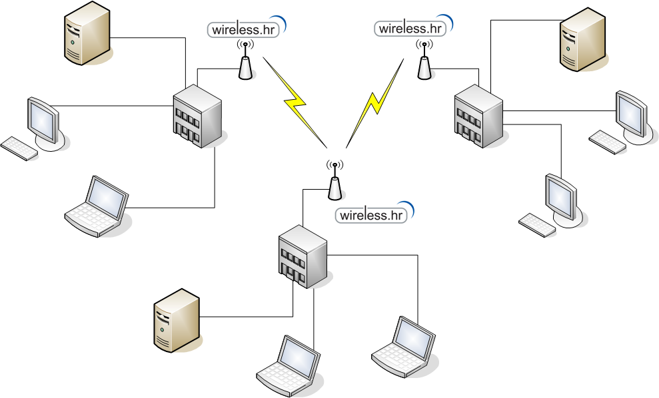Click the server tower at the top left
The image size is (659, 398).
(x=87, y=33)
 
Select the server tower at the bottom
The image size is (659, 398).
(x=177, y=320)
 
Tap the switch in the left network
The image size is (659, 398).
(x=197, y=116)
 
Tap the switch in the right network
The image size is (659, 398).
(x=478, y=116)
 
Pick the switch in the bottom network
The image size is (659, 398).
(x=303, y=256)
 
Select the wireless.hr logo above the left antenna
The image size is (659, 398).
(x=247, y=27)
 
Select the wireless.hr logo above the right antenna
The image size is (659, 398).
(x=414, y=27)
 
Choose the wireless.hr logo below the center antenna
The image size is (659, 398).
(x=374, y=213)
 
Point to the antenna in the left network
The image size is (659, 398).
(x=245, y=60)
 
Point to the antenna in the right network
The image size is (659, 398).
(x=424, y=60)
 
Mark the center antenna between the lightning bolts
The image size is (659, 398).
(x=334, y=180)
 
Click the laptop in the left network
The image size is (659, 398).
(x=97, y=206)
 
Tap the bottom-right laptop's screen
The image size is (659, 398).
(x=414, y=337)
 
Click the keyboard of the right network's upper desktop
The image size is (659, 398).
(x=607, y=142)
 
